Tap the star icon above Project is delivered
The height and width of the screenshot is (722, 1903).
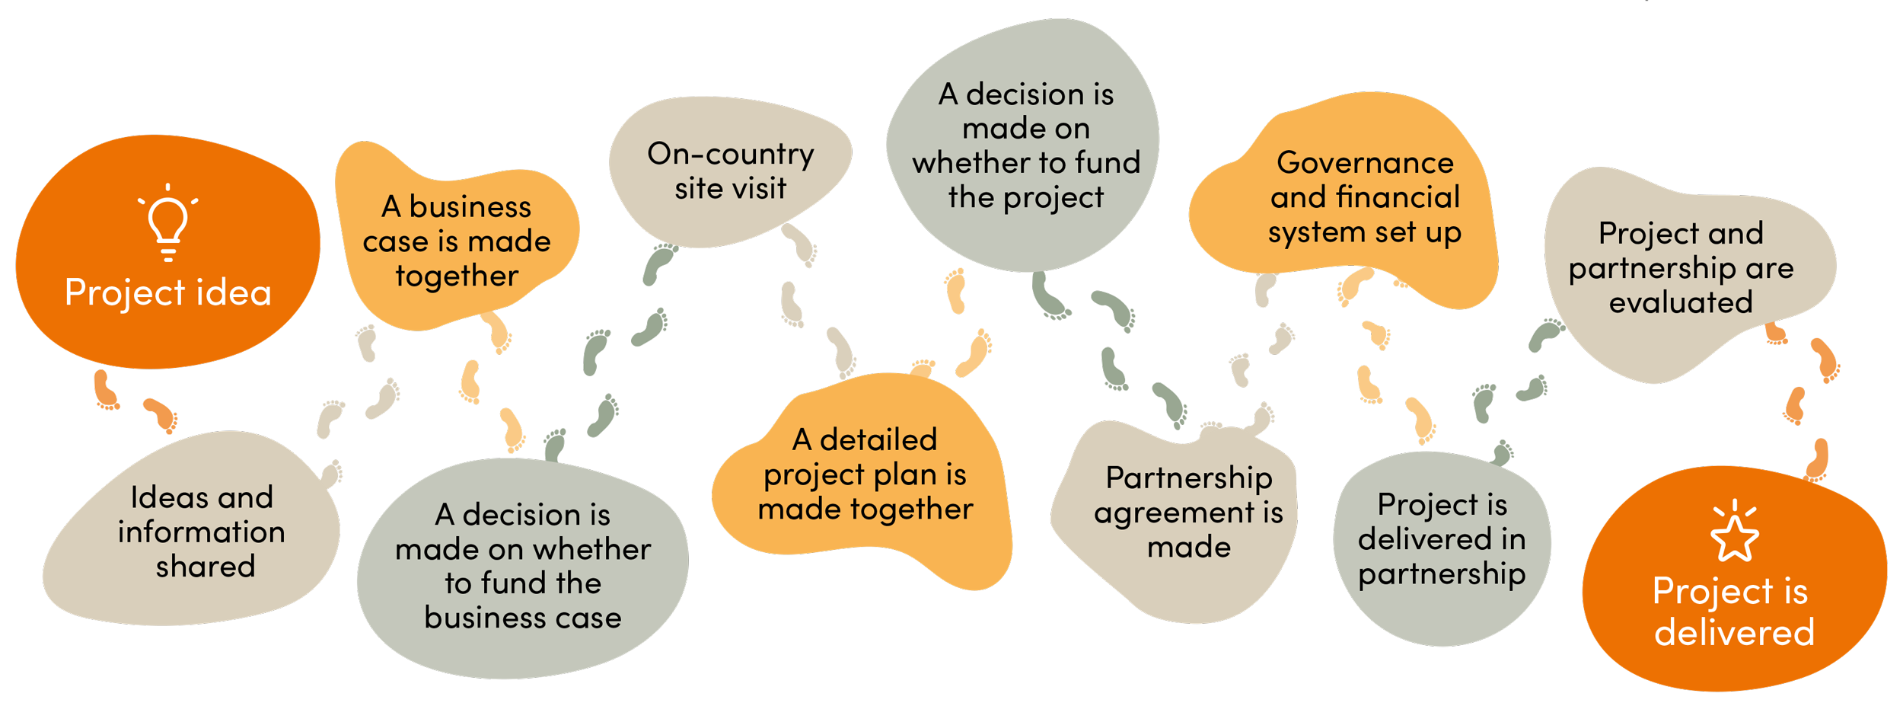(x=1734, y=532)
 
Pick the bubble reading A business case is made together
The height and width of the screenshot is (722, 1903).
(x=457, y=240)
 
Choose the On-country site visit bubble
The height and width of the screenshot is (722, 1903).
(x=729, y=171)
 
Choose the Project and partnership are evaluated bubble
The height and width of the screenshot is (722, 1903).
(x=1681, y=268)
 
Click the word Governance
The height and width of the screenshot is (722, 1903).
(x=1365, y=163)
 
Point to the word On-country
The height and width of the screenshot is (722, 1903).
(x=730, y=155)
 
